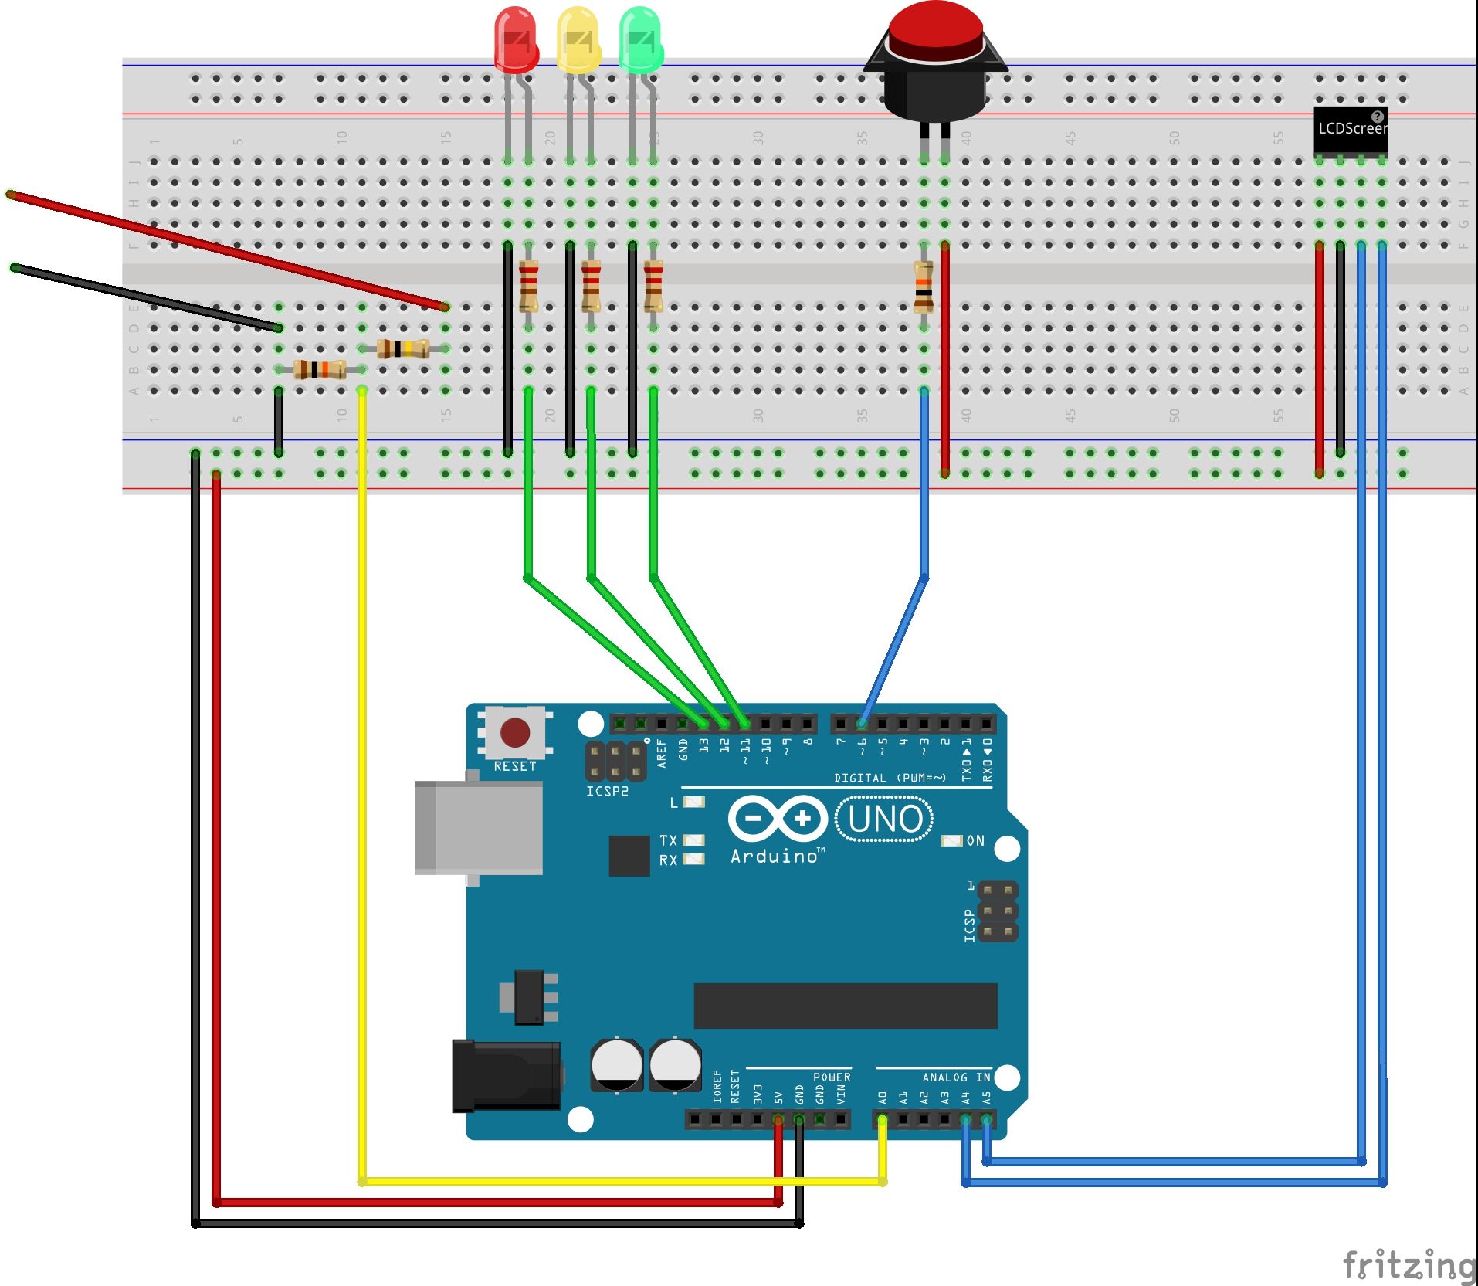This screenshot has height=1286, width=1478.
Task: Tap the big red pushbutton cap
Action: coord(935,31)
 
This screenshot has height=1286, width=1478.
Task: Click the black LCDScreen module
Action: coord(1350,130)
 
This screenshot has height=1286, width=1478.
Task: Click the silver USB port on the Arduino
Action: coord(479,827)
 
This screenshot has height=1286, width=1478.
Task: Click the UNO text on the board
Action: coord(885,819)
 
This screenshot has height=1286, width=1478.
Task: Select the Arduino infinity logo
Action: coord(778,818)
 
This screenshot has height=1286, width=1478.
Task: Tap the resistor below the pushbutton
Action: coord(924,286)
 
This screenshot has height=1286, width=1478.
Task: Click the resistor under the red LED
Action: coord(528,286)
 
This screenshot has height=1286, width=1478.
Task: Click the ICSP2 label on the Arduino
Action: coord(607,792)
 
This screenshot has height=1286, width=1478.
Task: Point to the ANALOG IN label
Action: coord(956,1077)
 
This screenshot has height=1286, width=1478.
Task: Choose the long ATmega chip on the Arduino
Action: coord(846,1006)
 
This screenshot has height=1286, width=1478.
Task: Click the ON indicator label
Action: coord(975,840)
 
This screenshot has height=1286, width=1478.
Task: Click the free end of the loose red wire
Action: coord(11,195)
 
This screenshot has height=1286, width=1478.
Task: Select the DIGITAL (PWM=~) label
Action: coord(890,778)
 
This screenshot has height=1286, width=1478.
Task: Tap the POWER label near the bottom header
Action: coord(832,1077)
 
